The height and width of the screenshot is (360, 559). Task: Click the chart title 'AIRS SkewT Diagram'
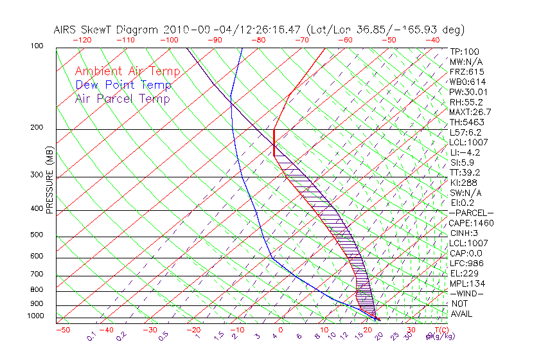pos(107,30)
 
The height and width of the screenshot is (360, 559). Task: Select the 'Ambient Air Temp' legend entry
pos(127,71)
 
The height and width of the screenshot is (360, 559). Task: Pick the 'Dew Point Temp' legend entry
pos(123,85)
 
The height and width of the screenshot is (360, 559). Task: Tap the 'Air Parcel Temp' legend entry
pos(123,98)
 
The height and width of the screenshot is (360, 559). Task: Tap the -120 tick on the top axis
pos(82,40)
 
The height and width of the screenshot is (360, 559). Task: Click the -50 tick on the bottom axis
pos(62,330)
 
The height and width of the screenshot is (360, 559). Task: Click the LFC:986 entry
pos(466,263)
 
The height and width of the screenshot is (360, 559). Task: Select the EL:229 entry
pos(465,273)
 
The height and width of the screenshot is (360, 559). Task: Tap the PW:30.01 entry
pos(468,92)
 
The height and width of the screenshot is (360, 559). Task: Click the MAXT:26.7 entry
pos(470,113)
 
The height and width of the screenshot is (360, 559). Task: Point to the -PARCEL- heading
pos(471,213)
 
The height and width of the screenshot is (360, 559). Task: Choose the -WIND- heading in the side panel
pos(467,293)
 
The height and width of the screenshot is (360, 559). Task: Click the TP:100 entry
pos(465,51)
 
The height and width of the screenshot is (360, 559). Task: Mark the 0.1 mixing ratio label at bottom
pos(91,336)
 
